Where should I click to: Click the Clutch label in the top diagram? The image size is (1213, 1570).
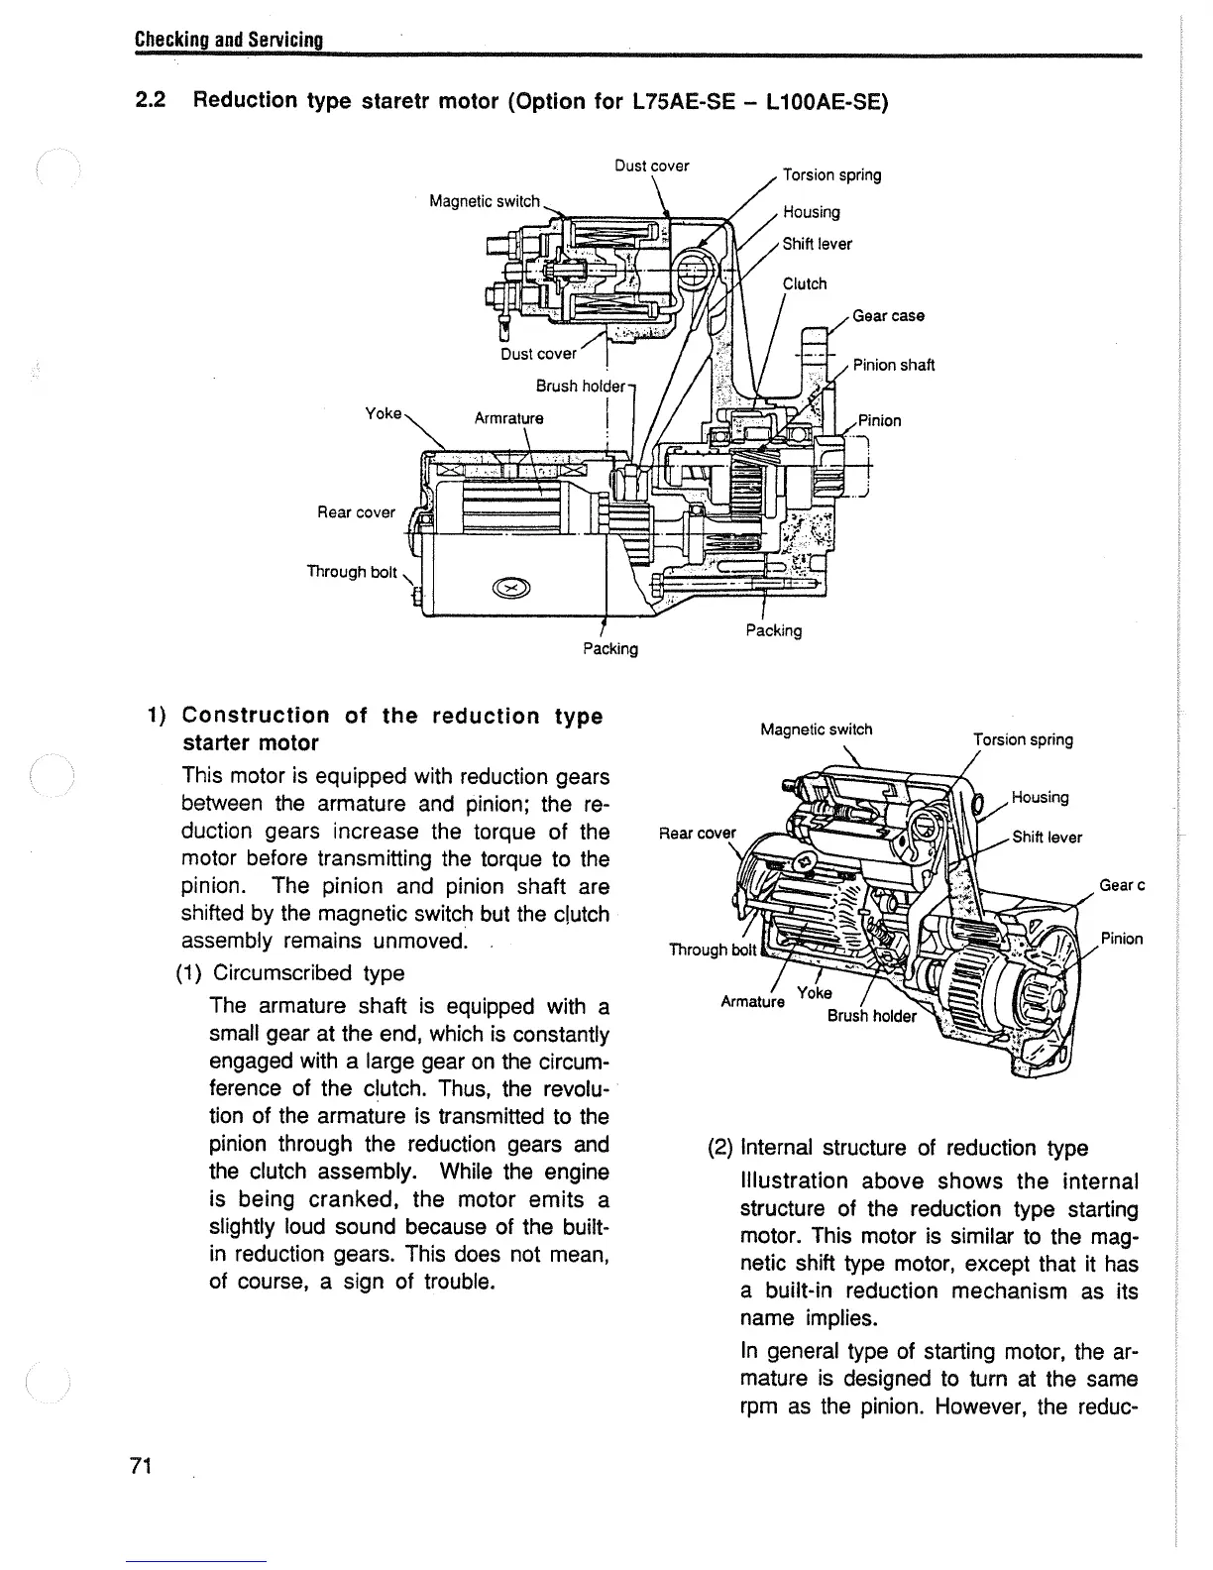805,283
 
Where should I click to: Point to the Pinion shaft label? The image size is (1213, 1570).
894,365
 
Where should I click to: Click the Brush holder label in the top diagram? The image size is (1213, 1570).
581,386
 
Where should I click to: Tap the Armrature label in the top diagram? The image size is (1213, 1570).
508,418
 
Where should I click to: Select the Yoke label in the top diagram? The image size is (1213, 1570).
384,413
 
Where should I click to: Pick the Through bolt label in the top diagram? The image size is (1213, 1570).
352,572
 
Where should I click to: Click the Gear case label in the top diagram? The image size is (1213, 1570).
888,316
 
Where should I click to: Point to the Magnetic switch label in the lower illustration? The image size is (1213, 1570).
816,730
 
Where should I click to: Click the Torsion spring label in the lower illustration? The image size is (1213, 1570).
1023,739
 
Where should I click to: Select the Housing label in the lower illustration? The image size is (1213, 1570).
1040,798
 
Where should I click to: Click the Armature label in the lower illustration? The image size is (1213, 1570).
752,1001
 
